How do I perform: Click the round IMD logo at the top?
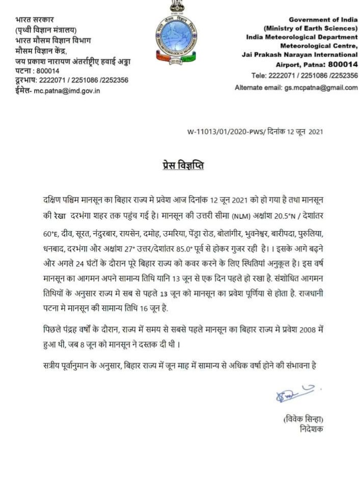click(x=177, y=38)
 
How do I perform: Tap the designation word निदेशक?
click(x=311, y=429)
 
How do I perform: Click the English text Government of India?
click(x=323, y=19)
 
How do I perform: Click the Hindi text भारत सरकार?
click(x=35, y=20)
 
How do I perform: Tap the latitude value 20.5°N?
click(x=288, y=215)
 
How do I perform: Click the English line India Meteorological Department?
click(x=301, y=37)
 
